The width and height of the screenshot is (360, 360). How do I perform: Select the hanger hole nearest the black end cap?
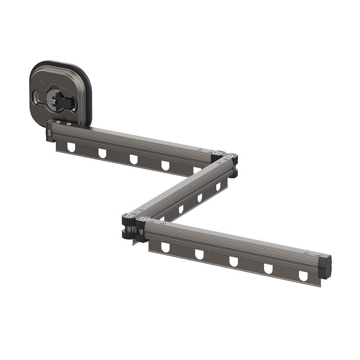tap(304, 275)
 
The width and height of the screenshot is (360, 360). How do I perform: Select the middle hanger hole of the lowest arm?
tap(234, 261)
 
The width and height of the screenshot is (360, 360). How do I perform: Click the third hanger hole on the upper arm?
tap(134, 159)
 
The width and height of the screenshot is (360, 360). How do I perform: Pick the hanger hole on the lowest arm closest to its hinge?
tap(165, 247)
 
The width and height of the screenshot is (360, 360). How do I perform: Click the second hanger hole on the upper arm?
tap(103, 153)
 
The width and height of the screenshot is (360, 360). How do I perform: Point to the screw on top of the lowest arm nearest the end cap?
tap(306, 252)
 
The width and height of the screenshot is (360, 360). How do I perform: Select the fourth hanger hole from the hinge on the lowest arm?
tap(268, 269)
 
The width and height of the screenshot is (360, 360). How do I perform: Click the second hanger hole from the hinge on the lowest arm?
tap(199, 254)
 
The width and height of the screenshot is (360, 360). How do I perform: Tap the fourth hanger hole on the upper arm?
tap(165, 165)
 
